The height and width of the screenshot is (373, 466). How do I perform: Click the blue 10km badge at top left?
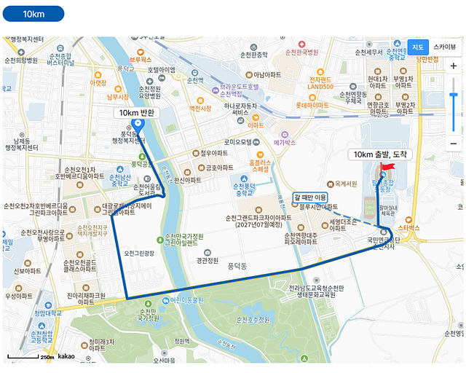click(x=33, y=14)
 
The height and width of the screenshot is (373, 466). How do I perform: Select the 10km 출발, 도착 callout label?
click(x=381, y=154)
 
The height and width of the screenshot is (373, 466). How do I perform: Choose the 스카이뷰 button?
click(x=446, y=47)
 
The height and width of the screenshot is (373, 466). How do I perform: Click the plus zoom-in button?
click(x=454, y=66)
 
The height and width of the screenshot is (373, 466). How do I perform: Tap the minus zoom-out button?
click(x=454, y=143)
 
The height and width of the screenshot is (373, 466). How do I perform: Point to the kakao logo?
click(x=66, y=357)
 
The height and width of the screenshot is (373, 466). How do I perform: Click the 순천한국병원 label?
click(x=301, y=52)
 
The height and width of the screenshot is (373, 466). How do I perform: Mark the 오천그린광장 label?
click(x=140, y=253)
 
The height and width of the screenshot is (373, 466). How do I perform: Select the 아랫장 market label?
click(x=98, y=82)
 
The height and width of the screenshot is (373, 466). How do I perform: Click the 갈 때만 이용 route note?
click(x=310, y=197)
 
